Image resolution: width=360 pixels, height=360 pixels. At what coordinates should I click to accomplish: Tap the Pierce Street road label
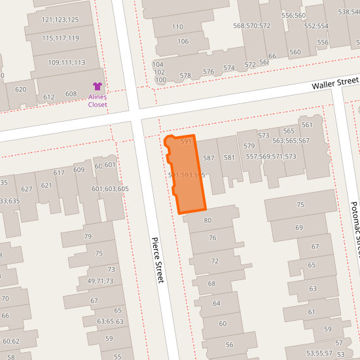[157, 260]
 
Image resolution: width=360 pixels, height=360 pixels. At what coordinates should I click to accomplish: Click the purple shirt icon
[98, 86]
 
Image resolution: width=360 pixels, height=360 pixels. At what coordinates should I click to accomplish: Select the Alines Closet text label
[98, 101]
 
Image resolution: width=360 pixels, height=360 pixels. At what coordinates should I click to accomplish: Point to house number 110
[177, 27]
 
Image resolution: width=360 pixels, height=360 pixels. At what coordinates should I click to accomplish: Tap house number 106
[183, 42]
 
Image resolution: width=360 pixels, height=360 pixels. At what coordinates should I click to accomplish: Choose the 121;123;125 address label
[60, 20]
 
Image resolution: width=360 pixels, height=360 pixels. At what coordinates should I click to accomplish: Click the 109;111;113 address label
[67, 63]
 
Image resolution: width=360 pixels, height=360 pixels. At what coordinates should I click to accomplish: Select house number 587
[209, 158]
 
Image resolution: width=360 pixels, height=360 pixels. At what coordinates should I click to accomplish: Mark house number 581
[229, 157]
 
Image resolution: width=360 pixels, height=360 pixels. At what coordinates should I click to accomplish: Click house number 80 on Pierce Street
[207, 221]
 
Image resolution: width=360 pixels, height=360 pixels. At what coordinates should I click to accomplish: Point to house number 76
[213, 238]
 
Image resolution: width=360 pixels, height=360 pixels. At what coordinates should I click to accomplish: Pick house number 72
[214, 261]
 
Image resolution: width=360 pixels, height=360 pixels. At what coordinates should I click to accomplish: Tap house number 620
[20, 90]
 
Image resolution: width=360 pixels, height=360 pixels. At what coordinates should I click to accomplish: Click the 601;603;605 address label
[110, 189]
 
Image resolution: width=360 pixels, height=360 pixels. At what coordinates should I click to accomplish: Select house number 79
[88, 236]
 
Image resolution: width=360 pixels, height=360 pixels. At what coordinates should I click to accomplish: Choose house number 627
[27, 189]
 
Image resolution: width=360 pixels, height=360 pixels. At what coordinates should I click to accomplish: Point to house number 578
[185, 76]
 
